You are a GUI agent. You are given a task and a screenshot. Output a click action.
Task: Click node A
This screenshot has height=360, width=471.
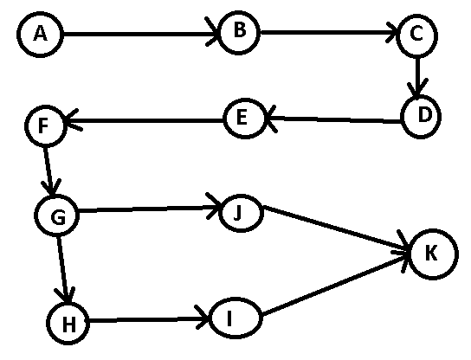[x=40, y=35]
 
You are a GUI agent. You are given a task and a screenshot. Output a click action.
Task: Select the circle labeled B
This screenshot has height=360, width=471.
[x=240, y=32]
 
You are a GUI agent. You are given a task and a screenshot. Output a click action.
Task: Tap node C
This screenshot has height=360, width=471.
[x=417, y=35]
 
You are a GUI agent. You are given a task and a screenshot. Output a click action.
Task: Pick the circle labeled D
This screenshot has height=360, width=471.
[x=421, y=117]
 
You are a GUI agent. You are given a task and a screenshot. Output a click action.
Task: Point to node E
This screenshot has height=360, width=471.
[x=244, y=119]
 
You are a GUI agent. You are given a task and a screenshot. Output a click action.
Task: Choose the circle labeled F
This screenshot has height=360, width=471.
[x=45, y=125]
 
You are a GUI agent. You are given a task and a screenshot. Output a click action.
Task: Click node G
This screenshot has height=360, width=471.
[x=57, y=215]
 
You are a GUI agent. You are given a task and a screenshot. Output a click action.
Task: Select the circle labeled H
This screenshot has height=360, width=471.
[x=68, y=323]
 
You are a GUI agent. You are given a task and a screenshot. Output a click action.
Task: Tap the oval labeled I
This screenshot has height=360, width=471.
[x=235, y=318]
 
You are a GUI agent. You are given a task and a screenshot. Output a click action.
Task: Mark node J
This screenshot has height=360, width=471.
[x=242, y=213]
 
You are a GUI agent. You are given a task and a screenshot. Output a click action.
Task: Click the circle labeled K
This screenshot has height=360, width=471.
[x=434, y=254]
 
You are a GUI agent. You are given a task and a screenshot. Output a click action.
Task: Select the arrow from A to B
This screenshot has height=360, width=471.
[x=141, y=34]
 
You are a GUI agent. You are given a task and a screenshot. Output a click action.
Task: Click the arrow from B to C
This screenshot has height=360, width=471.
[x=329, y=32]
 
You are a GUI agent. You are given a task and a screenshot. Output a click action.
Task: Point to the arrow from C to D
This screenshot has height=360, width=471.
[x=417, y=76]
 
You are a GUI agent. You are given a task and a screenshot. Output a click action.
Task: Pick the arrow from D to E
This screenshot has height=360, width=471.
[x=332, y=119]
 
